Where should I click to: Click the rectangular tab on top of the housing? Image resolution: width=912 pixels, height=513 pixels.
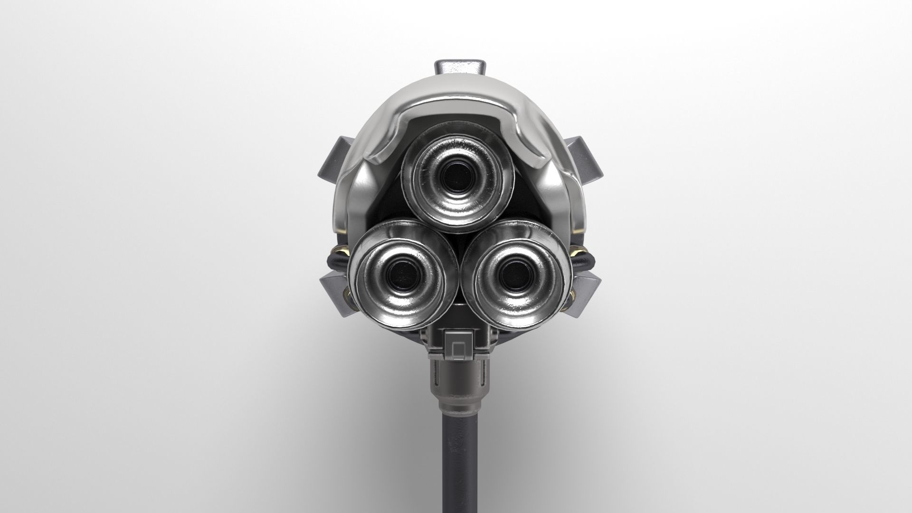click(x=457, y=67)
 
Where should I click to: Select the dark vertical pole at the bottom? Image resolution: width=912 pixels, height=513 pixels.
click(x=457, y=465)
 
